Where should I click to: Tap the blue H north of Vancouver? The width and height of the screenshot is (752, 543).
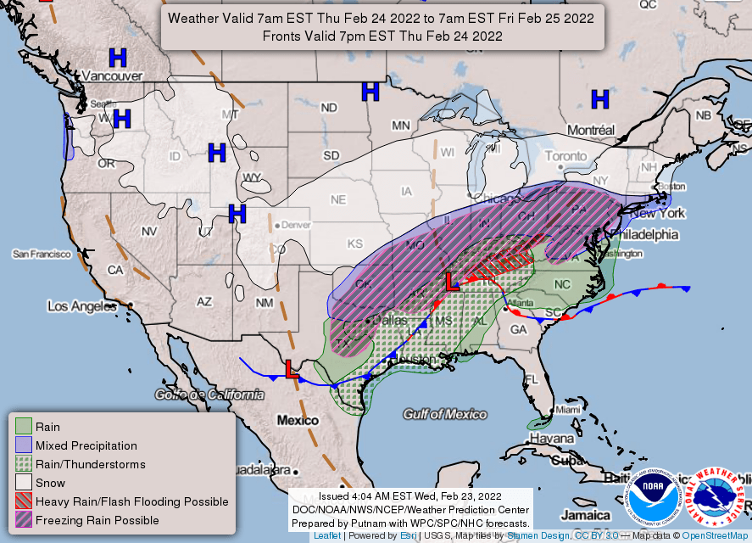118,58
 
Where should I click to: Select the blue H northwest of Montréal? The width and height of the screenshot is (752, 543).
600,99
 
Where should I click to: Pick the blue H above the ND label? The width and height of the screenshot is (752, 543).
370,92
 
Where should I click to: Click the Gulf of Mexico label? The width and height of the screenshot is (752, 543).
444,414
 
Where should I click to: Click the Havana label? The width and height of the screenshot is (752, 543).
552,439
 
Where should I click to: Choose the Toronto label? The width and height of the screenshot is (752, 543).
565,157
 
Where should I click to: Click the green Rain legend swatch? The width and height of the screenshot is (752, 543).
23,427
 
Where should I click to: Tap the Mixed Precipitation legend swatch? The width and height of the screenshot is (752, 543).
23,445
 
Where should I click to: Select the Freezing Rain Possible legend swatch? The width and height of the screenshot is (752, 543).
23,520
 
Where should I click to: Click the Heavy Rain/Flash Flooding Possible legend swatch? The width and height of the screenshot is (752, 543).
23,501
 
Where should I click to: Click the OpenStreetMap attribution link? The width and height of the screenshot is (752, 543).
716,536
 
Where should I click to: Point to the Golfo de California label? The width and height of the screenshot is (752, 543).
209,395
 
